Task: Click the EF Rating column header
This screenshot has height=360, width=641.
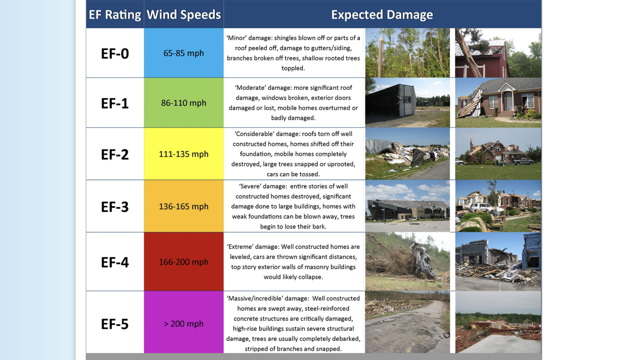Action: [x=115, y=14]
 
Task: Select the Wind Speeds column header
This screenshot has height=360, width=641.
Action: [x=184, y=14]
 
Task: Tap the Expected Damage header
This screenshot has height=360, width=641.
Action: [x=382, y=14]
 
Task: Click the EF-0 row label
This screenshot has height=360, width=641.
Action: [x=115, y=53]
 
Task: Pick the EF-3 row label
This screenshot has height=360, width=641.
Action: [x=115, y=207]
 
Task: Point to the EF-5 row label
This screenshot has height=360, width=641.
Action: [x=115, y=324]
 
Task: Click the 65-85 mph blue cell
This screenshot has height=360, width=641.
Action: [x=184, y=53]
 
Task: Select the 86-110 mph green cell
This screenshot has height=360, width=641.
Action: [x=184, y=103]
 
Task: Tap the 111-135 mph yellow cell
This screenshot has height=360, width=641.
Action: [x=184, y=154]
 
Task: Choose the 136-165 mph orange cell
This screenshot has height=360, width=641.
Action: [x=184, y=206]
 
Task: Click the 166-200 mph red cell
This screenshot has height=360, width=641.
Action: [x=184, y=262]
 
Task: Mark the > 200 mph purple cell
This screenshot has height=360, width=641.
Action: [x=184, y=324]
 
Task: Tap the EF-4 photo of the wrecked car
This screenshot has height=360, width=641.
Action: [x=408, y=262]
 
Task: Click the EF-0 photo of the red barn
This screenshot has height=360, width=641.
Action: [x=498, y=53]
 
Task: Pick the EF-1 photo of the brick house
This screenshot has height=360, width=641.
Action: [x=498, y=103]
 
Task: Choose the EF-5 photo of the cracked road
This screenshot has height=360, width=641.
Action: [x=408, y=322]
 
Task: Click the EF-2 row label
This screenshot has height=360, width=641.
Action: [x=115, y=154]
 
